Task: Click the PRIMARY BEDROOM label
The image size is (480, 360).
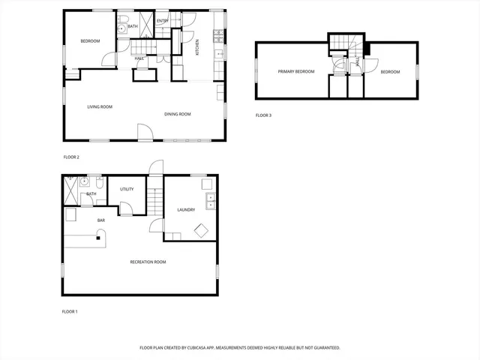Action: (295, 71)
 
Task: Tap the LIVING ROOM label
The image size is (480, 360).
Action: (100, 107)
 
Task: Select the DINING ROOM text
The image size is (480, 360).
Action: (178, 114)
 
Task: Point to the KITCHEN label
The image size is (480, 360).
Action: (197, 47)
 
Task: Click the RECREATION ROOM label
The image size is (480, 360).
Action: (148, 262)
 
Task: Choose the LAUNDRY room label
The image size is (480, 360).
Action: (186, 210)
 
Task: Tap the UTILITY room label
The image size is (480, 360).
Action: (127, 189)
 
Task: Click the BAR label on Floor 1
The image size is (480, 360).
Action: (101, 220)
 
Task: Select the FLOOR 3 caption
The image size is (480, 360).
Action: (263, 115)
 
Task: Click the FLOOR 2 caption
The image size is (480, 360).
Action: (71, 157)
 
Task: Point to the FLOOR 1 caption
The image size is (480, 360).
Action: (70, 311)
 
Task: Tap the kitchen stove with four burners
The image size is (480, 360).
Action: (218, 34)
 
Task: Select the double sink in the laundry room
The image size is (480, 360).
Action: (211, 200)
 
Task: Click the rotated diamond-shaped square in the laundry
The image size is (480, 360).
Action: (202, 231)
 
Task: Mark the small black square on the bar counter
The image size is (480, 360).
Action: (97, 238)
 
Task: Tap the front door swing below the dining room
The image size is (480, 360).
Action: (144, 133)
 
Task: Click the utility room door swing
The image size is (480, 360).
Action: (125, 208)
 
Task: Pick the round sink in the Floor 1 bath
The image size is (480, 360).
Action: (86, 182)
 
